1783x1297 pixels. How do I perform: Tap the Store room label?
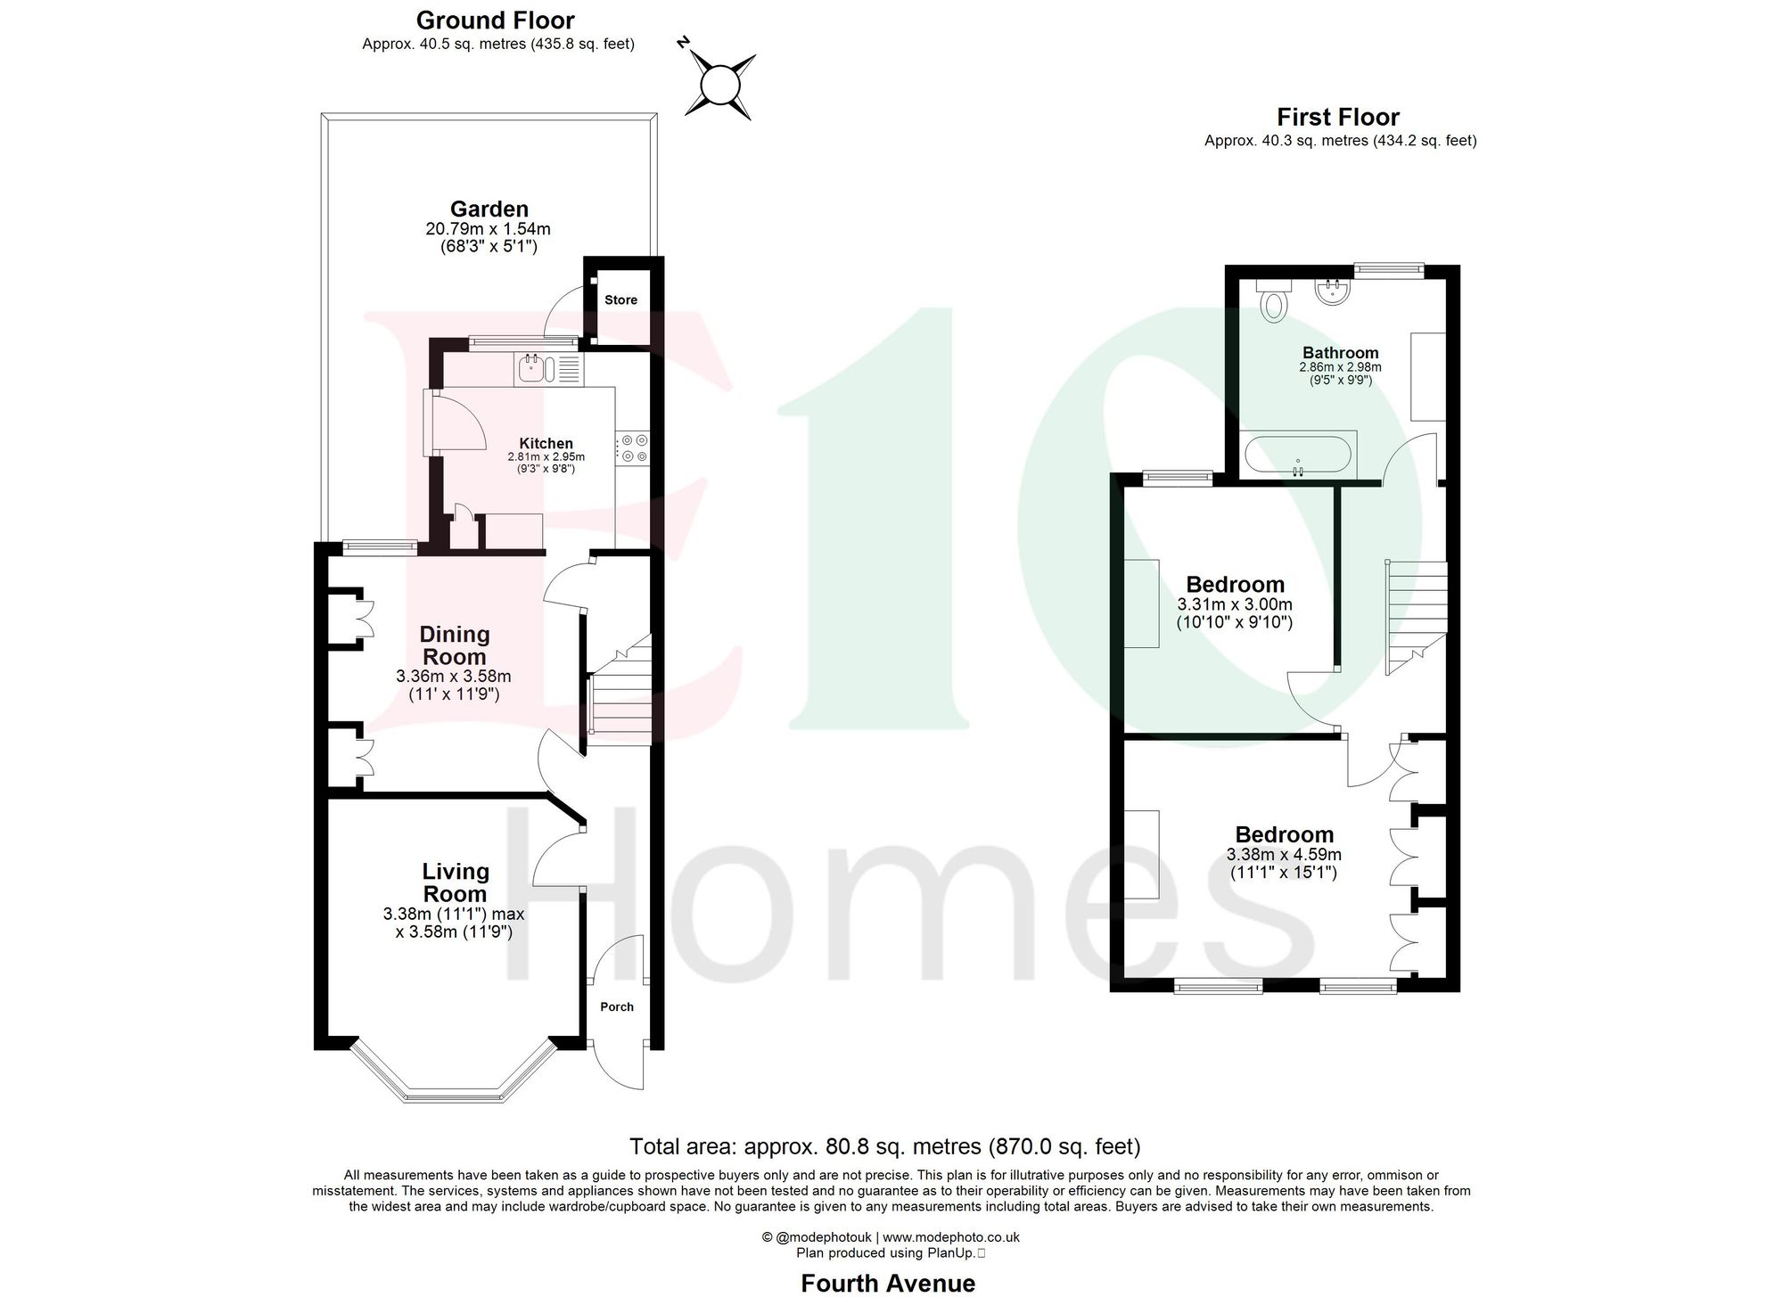pyautogui.click(x=620, y=300)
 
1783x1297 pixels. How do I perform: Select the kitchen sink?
pyautogui.click(x=531, y=368)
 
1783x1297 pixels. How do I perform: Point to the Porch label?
pyautogui.click(x=617, y=1006)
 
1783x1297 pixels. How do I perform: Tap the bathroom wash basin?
pyautogui.click(x=1333, y=291)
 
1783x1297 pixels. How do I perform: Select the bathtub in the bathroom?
pyautogui.click(x=1298, y=455)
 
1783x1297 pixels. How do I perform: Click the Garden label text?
pyautogui.click(x=489, y=209)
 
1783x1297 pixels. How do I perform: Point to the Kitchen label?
pyautogui.click(x=546, y=443)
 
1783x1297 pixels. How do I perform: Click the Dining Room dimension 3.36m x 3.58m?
pyautogui.click(x=454, y=677)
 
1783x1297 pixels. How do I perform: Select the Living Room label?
pyautogui.click(x=455, y=882)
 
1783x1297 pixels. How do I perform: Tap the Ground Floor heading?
pyautogui.click(x=495, y=20)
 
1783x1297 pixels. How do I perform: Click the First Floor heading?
pyautogui.click(x=1337, y=117)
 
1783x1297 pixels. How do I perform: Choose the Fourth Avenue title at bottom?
pyautogui.click(x=887, y=1283)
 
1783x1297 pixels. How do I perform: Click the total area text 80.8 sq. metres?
pyautogui.click(x=884, y=1145)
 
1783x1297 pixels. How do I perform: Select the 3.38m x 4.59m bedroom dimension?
pyautogui.click(x=1284, y=854)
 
